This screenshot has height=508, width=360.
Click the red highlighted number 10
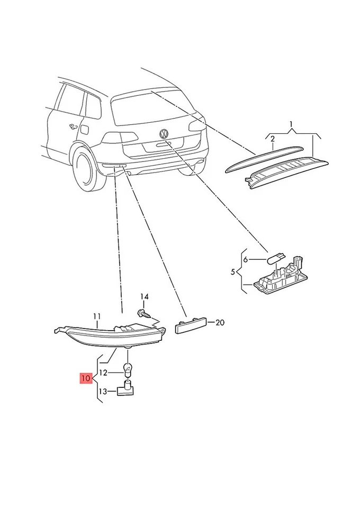pos(86,378)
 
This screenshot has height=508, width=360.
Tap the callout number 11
pos(97,316)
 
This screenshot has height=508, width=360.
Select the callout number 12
pos(103,373)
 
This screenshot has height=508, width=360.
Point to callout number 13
pos(103,391)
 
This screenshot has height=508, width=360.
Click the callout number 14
pos(145,296)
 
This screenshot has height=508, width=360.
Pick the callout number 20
pos(220,322)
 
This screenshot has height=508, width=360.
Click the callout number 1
pos(291,125)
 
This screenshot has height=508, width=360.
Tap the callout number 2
pos(273,139)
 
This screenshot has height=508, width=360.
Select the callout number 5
pos(232,272)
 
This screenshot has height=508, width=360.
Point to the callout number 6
pos(245,259)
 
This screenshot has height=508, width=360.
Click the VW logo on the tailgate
pos(164,132)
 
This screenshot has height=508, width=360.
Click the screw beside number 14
pos(143,313)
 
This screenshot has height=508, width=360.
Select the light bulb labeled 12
pos(127,368)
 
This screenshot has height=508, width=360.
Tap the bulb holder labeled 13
pos(126,391)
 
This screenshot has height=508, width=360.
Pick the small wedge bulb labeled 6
pos(274,259)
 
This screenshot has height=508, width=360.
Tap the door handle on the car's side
pos(73,126)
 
